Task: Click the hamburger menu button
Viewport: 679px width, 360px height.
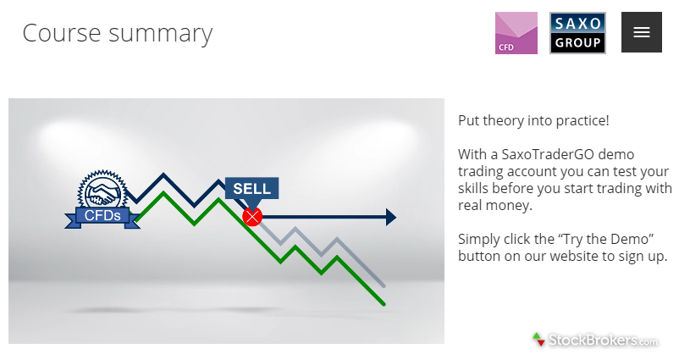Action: tap(642, 32)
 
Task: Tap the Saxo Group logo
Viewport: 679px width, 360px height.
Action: tap(577, 33)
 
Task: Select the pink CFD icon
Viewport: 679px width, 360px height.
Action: tap(516, 33)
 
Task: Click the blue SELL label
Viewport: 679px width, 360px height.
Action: tap(251, 188)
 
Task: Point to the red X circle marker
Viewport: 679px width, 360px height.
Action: tap(252, 217)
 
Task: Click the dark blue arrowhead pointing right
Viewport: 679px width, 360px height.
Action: tap(390, 217)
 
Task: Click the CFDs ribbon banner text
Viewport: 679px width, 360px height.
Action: tap(102, 215)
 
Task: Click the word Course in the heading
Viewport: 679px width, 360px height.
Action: tap(62, 33)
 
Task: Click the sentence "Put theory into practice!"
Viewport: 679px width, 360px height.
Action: tap(533, 120)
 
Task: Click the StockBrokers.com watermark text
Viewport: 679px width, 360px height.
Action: tap(603, 341)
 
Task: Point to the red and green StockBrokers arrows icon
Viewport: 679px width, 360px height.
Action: tap(538, 339)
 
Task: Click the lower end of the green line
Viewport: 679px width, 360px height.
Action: tap(384, 304)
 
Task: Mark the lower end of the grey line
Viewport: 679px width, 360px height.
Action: tap(384, 286)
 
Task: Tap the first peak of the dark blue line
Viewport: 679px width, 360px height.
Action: tap(163, 174)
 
